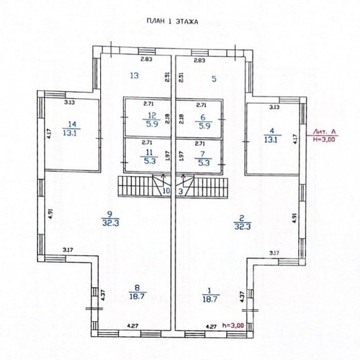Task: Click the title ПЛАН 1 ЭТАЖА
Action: [x=172, y=22]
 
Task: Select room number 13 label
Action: [x=134, y=76]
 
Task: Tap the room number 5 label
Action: [x=214, y=79]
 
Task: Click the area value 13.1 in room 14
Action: [x=71, y=133]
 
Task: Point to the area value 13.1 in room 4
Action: [x=272, y=140]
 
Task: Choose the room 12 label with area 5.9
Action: [x=152, y=120]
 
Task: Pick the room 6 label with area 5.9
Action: [x=204, y=122]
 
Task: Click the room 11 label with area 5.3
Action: [x=149, y=157]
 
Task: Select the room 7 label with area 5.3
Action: [x=203, y=158]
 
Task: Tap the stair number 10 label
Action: [x=166, y=191]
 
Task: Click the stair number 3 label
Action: [x=181, y=191]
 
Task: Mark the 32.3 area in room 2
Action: [x=242, y=227]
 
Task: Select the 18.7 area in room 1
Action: [x=211, y=299]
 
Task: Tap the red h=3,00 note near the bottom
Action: [x=233, y=325]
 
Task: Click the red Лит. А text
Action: [x=325, y=132]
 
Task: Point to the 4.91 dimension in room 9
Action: [x=50, y=214]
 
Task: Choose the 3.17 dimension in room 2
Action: [x=274, y=253]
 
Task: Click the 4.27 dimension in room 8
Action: [x=133, y=326]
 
